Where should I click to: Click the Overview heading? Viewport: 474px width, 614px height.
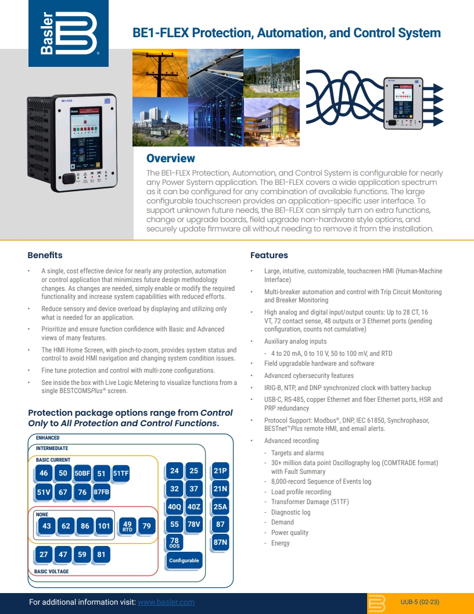[170, 158]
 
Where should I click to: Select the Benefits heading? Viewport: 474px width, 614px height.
[45, 255]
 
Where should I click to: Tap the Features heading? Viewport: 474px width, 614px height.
[269, 255]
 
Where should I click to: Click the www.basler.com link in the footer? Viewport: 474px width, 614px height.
[166, 602]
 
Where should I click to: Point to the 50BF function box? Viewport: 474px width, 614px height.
[82, 473]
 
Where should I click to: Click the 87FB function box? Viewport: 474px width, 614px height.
[101, 492]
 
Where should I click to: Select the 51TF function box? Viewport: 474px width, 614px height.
[121, 473]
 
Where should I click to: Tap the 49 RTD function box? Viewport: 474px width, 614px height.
[128, 526]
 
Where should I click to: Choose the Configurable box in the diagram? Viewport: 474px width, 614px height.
[184, 561]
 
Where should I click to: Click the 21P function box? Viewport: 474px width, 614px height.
[220, 471]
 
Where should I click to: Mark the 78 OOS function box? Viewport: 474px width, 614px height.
[175, 542]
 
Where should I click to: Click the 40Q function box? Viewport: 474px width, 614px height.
[175, 506]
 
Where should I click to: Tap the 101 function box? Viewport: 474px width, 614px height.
[103, 526]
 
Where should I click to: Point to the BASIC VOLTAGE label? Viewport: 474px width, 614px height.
[51, 572]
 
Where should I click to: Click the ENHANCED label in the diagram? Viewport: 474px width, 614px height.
[48, 438]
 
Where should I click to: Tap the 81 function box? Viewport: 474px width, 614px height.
[102, 554]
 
